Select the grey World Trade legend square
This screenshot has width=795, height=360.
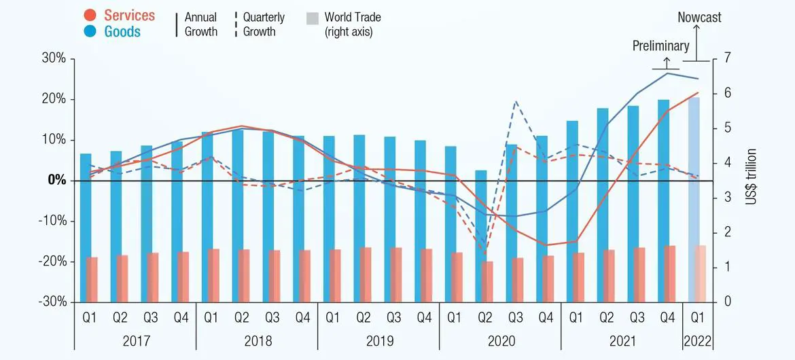(312, 18)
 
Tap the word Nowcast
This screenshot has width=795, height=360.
(699, 18)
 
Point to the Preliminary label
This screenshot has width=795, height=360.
(660, 46)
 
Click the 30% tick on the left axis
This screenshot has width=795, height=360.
(52, 58)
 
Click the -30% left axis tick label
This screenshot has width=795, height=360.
(50, 302)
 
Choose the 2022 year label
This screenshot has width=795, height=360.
(698, 340)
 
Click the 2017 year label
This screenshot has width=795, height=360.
(135, 340)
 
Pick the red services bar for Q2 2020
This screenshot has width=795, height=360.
(487, 281)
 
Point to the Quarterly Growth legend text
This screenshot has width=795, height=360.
(264, 24)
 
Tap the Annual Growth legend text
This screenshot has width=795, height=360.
(201, 24)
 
